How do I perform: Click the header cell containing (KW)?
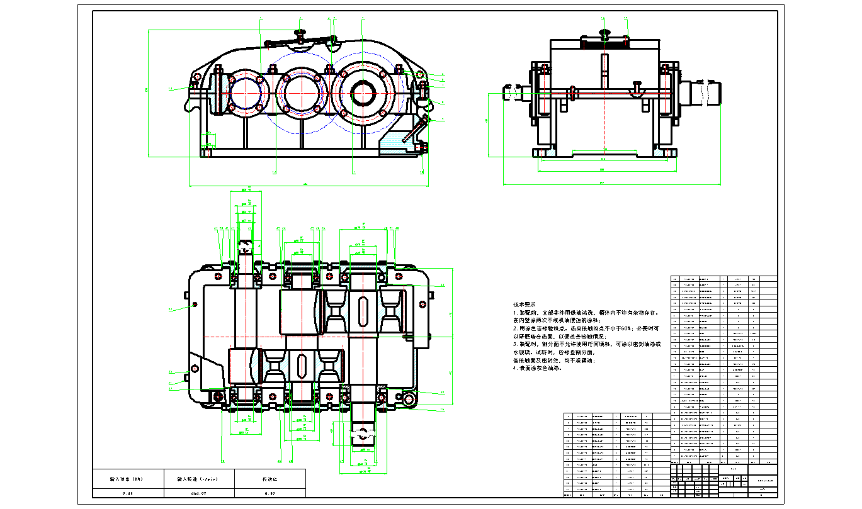(127, 479)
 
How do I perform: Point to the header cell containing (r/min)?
(198, 479)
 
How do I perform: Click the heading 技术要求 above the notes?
(525, 305)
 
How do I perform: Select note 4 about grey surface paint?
(537, 369)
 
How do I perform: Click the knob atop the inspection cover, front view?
(301, 33)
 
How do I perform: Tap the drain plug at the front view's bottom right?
(422, 148)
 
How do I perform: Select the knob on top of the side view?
(606, 33)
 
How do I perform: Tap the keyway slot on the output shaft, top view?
(363, 311)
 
